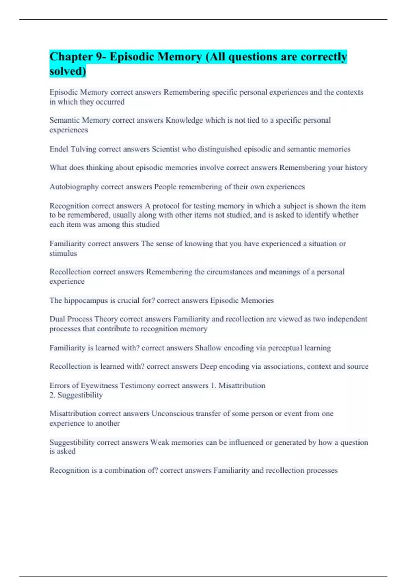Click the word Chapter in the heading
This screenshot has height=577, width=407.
(71, 57)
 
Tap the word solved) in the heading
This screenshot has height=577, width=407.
(67, 71)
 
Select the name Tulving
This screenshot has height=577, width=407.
(83, 149)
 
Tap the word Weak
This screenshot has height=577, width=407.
(159, 442)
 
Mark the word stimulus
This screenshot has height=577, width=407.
(63, 253)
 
